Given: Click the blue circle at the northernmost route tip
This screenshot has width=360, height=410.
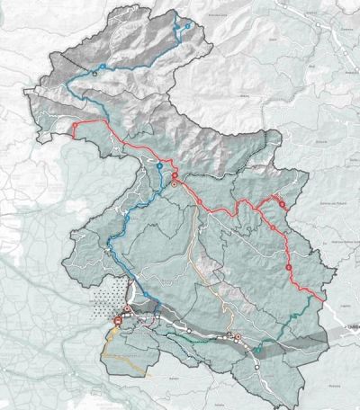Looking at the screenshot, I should pyautogui.click(x=187, y=26).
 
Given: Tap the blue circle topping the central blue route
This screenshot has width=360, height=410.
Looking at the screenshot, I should pyautogui.click(x=159, y=167).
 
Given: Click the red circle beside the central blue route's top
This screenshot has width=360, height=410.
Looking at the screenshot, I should pyautogui.click(x=175, y=172).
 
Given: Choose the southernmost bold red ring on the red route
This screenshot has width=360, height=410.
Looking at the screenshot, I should pyautogui.click(x=289, y=267).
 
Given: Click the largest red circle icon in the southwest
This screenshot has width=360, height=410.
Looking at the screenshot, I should pyautogui.click(x=119, y=320).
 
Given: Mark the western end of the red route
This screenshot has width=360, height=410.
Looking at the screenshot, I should pyautogui.click(x=74, y=132).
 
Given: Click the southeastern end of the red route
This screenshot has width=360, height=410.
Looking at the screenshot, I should pyautogui.click(x=325, y=299).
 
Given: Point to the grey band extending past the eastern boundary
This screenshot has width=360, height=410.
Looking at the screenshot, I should pyautogui.click(x=337, y=332).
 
